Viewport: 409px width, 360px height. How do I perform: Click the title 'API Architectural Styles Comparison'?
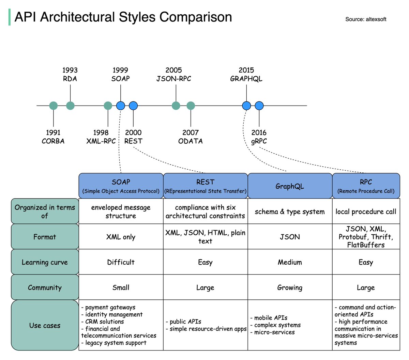point(123,17)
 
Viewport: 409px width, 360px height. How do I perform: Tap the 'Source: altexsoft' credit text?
point(366,19)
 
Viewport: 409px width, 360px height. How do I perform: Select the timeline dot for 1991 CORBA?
point(54,106)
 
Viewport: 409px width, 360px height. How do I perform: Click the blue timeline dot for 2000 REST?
point(133,106)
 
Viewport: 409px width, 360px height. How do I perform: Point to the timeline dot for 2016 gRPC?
point(259,106)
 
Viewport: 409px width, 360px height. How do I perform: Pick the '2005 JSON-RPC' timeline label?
point(174,75)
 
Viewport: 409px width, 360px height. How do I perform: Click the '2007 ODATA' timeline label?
point(191,137)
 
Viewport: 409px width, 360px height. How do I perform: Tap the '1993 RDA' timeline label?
point(70,75)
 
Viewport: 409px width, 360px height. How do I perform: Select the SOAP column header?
point(121,186)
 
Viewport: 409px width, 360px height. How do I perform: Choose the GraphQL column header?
point(290,186)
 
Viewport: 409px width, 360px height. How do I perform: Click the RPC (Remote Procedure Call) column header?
point(366,186)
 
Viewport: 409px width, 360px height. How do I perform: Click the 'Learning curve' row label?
point(45,262)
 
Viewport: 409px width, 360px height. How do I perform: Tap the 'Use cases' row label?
point(45,325)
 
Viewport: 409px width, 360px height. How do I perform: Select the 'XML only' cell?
point(121,237)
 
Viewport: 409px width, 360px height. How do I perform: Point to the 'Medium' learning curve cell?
point(290,262)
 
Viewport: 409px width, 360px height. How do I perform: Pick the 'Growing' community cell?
point(290,287)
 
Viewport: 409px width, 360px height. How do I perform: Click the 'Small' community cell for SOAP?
point(121,287)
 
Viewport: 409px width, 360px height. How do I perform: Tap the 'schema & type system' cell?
point(290,212)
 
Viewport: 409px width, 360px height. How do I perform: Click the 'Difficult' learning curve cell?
point(121,262)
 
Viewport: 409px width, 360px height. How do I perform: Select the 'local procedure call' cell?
point(366,212)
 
